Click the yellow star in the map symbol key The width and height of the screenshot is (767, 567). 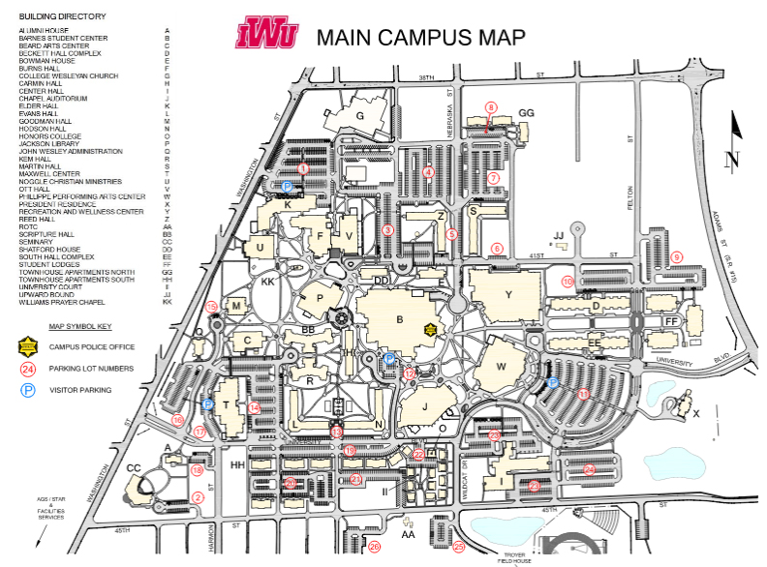[x=29, y=345]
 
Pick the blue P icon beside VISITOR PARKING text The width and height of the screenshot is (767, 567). [x=29, y=390]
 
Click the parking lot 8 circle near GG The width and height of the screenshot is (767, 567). [x=491, y=107]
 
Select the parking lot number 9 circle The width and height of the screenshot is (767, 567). [x=677, y=256]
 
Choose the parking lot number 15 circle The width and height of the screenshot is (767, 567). [x=211, y=307]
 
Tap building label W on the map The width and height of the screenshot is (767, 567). [x=501, y=367]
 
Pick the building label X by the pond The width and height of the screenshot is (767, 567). [x=695, y=413]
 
